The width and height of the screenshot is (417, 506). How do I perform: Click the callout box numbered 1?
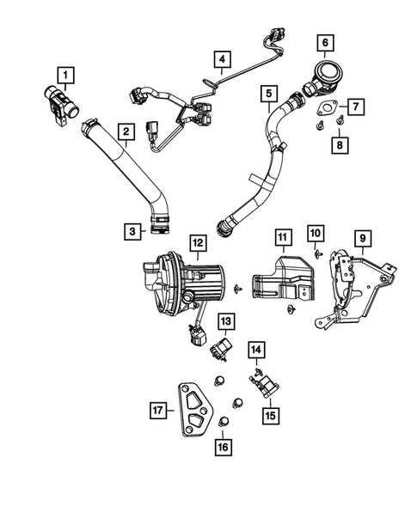(64, 75)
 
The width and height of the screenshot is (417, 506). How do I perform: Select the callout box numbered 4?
(223, 60)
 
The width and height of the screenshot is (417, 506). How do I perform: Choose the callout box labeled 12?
(197, 243)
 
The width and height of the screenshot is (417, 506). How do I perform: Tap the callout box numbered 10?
(315, 232)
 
